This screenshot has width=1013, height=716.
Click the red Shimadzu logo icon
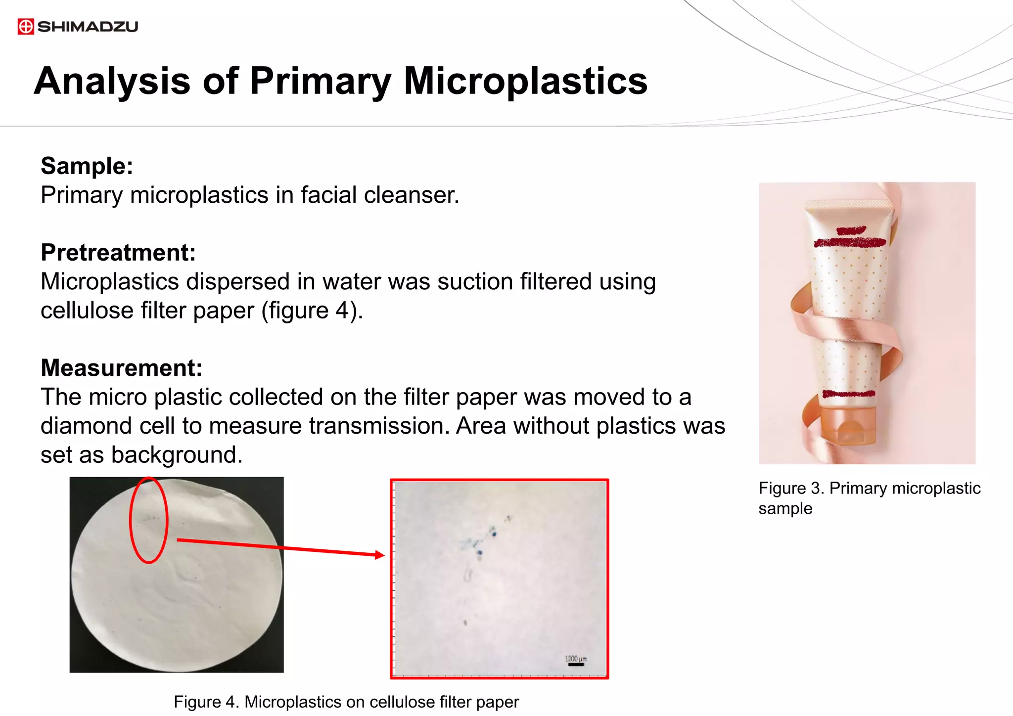pyautogui.click(x=26, y=27)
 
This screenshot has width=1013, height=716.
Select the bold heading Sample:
pyautogui.click(x=87, y=166)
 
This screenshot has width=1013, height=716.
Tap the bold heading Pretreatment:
pyautogui.click(x=118, y=253)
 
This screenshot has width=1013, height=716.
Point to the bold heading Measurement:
pyautogui.click(x=122, y=368)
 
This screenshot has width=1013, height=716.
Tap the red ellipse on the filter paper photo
pyautogui.click(x=149, y=520)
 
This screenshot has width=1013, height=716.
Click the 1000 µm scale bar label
pyautogui.click(x=576, y=659)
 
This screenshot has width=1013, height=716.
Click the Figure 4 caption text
pyautogui.click(x=346, y=702)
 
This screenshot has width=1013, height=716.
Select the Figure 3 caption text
pyautogui.click(x=869, y=498)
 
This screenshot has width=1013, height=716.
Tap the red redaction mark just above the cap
pyautogui.click(x=849, y=394)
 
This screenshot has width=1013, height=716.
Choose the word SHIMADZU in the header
pyautogui.click(x=88, y=27)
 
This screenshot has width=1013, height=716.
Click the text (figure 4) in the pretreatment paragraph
pyautogui.click(x=312, y=311)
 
